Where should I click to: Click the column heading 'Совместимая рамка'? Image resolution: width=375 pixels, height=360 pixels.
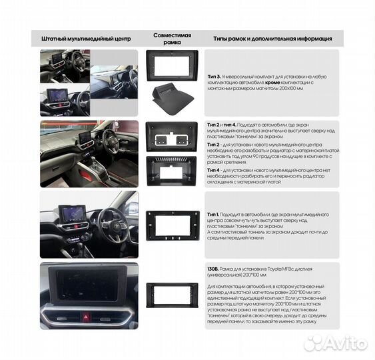pos(172,37)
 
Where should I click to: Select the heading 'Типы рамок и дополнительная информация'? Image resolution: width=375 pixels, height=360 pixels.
pos(272,38)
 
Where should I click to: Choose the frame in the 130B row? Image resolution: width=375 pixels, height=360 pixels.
pos(172,295)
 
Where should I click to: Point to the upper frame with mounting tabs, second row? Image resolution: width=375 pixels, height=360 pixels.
pos(172,137)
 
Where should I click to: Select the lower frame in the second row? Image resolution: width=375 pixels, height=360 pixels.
pos(172,169)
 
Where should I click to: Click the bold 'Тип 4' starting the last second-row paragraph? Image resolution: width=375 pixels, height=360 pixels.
pos(214,170)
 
